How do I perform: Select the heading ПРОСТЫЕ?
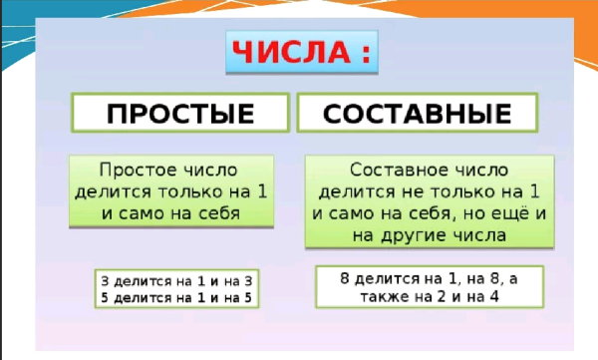(x=180, y=114)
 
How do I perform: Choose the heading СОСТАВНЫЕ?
(x=424, y=114)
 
